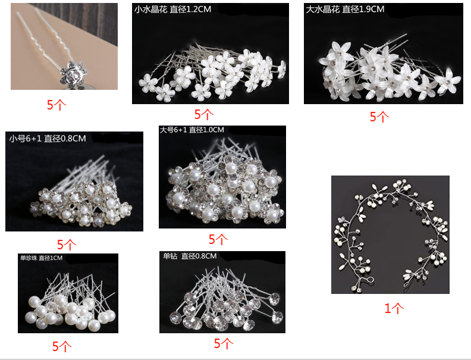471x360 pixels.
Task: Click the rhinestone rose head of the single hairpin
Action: (x=73, y=72)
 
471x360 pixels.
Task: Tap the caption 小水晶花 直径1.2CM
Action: (x=172, y=10)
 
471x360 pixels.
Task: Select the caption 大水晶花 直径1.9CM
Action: (x=345, y=10)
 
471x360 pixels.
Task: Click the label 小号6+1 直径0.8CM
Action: (x=48, y=139)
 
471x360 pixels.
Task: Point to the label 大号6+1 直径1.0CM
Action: (x=191, y=130)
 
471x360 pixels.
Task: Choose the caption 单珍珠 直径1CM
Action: (x=42, y=258)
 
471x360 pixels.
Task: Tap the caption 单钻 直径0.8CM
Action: (x=190, y=256)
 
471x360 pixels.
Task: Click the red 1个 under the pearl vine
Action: (x=394, y=308)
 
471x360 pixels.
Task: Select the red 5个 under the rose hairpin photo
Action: (x=56, y=105)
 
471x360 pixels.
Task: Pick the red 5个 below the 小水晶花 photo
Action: (x=203, y=114)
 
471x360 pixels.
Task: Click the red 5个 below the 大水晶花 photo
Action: (x=379, y=117)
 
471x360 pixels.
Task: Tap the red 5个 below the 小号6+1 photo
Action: (x=67, y=245)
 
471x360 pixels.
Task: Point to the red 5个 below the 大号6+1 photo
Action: (x=218, y=239)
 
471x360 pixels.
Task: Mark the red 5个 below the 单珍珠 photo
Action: (x=62, y=346)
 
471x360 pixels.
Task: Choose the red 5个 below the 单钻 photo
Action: (x=224, y=343)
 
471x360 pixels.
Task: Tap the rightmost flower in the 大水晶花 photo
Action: (x=448, y=81)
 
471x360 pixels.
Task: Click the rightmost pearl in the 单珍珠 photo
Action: (x=109, y=315)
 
